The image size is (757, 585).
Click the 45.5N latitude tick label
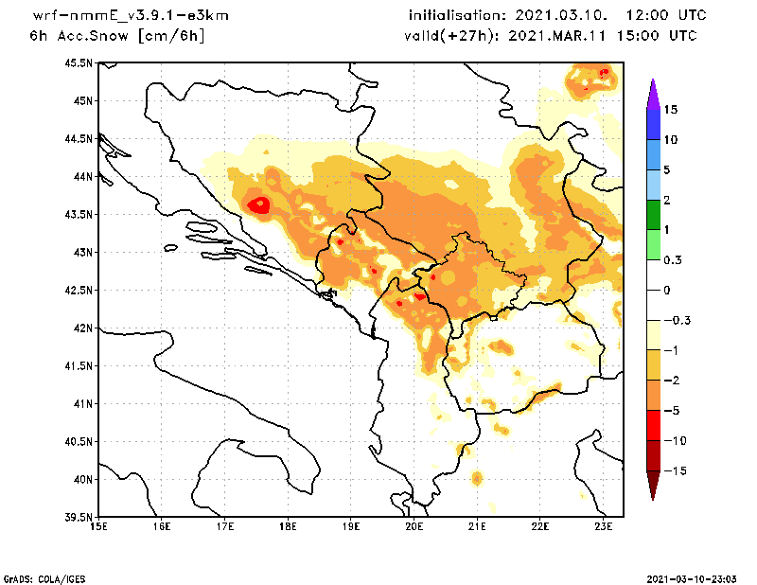point(79,63)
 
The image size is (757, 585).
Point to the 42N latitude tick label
point(82,328)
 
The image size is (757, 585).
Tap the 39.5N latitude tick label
point(79,518)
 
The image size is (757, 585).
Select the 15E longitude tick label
point(97,525)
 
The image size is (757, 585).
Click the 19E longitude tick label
point(351,525)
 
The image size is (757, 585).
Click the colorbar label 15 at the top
point(670,110)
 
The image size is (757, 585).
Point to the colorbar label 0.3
point(672,260)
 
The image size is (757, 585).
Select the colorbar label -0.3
point(675,320)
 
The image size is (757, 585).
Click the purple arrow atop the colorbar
point(653,94)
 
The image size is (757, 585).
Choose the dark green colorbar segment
point(653,215)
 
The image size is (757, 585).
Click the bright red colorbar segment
point(653,425)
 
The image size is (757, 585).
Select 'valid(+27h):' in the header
point(447,36)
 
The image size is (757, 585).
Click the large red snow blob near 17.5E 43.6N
point(258,204)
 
